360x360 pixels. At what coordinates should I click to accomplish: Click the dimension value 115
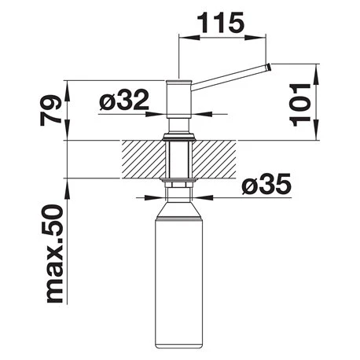point(221,23)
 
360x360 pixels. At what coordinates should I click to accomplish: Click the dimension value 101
point(300,105)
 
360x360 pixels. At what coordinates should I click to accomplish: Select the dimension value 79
point(51,110)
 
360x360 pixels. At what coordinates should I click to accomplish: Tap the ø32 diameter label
point(124,100)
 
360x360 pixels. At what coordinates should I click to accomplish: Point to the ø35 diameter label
point(266,184)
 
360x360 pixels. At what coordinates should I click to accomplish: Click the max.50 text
point(55,254)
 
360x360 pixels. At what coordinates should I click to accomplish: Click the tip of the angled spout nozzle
point(269,67)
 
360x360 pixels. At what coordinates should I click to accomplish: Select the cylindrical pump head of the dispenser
point(179,98)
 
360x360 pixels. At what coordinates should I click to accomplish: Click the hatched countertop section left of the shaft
point(143,160)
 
